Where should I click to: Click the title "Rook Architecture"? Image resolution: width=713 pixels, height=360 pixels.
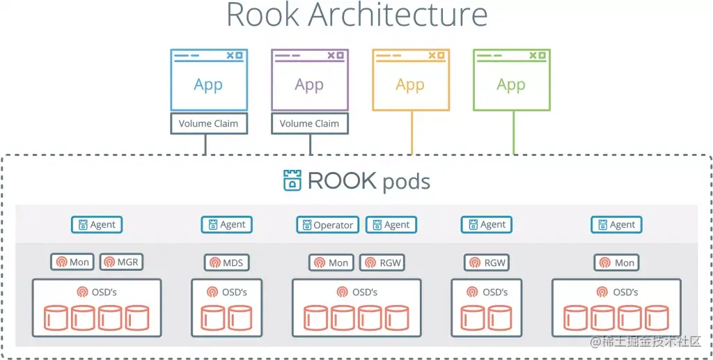(x=356, y=15)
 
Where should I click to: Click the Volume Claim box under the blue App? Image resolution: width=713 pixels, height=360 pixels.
(x=208, y=123)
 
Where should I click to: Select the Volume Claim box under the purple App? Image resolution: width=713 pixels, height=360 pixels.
(x=309, y=123)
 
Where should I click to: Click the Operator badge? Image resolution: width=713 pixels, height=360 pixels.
(x=327, y=225)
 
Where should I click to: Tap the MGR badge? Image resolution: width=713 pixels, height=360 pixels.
(x=120, y=263)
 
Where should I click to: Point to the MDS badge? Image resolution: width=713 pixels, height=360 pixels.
(x=226, y=263)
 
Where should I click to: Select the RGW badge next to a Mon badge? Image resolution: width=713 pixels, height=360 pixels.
(x=382, y=263)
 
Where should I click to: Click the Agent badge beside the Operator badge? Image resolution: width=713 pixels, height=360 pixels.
(x=391, y=225)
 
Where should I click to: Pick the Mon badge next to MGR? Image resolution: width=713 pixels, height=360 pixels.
(x=72, y=263)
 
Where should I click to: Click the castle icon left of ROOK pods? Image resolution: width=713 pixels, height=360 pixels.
(x=292, y=180)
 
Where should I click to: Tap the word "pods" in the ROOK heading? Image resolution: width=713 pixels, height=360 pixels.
(x=405, y=182)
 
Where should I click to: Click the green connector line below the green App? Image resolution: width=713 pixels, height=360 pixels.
(x=514, y=132)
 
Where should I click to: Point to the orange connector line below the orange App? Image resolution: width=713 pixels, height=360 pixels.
(x=412, y=132)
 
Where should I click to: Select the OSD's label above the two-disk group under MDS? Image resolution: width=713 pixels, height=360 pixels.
(x=226, y=292)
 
